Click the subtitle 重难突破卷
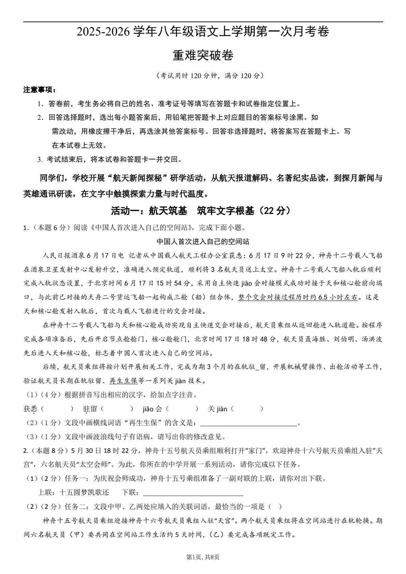203,55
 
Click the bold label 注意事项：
40,90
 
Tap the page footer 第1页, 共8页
203,558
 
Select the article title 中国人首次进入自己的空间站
203,242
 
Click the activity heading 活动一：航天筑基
149,211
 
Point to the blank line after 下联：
193,492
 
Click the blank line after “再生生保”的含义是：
249,423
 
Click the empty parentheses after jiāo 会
182,409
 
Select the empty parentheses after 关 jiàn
247,409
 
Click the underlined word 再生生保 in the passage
123,381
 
